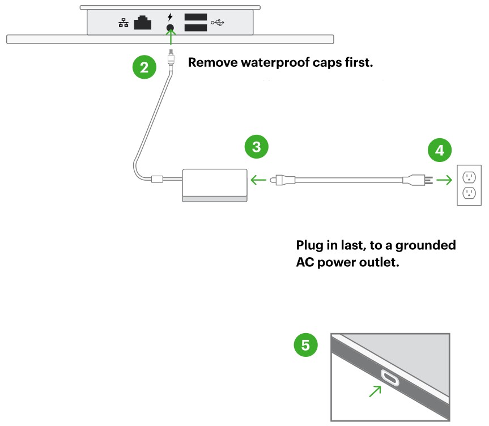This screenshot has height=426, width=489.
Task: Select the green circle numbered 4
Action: click(x=440, y=150)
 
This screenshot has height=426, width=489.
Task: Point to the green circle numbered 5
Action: click(x=305, y=345)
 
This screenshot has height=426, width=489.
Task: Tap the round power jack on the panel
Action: click(x=169, y=27)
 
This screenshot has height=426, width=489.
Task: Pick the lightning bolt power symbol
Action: click(x=169, y=16)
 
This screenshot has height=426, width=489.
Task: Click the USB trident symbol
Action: click(x=218, y=23)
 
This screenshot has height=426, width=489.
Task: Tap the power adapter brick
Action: click(x=215, y=184)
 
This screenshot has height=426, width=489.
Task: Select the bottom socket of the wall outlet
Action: click(x=469, y=194)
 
